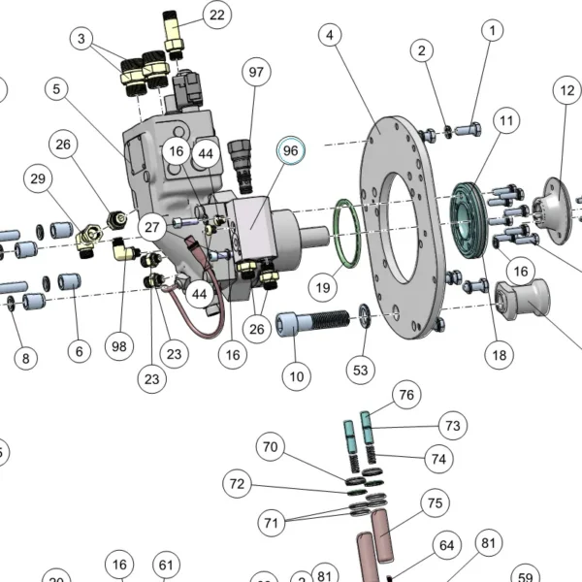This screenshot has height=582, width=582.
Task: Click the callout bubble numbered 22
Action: [x=217, y=15]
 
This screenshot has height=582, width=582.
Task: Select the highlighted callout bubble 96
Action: [x=291, y=150]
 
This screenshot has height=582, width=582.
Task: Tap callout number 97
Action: [x=256, y=72]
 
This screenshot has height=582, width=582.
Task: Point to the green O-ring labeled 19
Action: [x=348, y=233]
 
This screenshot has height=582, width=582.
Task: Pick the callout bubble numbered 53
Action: [x=361, y=371]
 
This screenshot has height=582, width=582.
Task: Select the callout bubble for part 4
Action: [x=330, y=35]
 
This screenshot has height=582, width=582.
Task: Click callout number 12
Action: [x=567, y=90]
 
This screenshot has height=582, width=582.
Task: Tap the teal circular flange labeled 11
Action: [x=467, y=220]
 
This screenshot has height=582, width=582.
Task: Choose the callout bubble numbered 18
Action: [x=500, y=355]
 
